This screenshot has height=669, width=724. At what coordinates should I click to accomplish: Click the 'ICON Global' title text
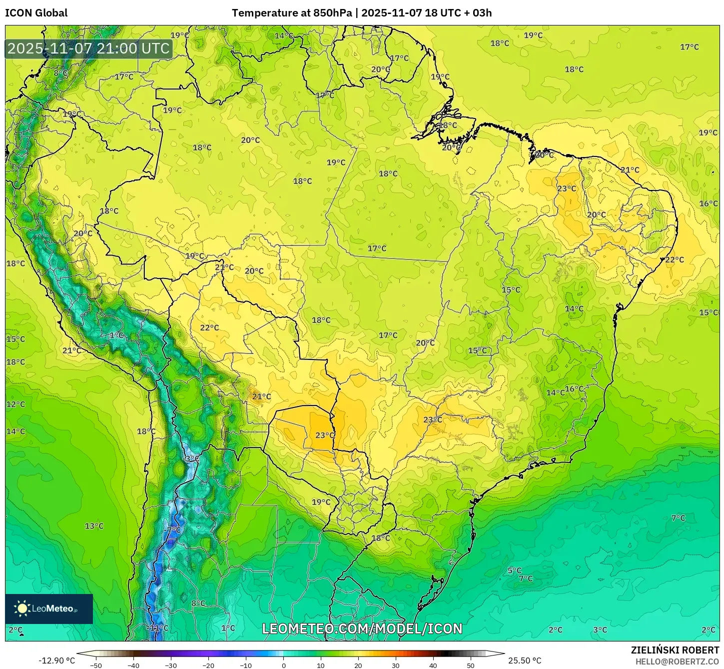point(36,13)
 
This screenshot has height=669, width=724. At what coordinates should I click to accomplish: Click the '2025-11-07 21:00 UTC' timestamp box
point(88,48)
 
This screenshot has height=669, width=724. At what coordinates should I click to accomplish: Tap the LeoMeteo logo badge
point(49,608)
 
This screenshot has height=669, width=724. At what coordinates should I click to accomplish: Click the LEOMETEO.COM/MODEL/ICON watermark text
point(362,628)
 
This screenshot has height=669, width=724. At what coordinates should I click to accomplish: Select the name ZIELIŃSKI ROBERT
point(675,650)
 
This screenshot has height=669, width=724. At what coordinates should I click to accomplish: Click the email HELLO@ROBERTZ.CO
point(677,661)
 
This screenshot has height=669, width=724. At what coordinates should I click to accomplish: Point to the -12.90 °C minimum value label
point(56,660)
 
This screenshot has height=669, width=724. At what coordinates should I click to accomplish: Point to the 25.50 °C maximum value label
point(524,660)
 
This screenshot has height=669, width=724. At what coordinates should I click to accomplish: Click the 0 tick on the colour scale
point(283,665)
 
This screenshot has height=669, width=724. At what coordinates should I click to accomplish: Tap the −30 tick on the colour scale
point(171,665)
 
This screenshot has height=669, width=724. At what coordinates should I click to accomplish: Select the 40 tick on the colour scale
point(433,665)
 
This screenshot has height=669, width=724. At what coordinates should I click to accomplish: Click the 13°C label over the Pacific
point(94,526)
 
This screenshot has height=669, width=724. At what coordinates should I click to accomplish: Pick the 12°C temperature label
point(15,404)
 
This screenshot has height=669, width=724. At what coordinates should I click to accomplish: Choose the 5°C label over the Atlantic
point(514,570)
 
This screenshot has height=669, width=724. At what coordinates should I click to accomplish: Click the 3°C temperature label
point(600,630)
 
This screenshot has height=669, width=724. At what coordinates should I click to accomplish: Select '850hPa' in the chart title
point(332,13)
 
